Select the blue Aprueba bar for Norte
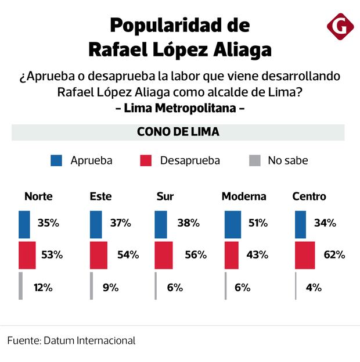pyautogui.click(x=24, y=224)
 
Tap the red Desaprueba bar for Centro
pyautogui.click(x=305, y=255)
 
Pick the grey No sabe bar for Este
pyautogui.click(x=91, y=286)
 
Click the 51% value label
pyautogui.click(x=258, y=223)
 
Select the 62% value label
pyautogui.click(x=333, y=255)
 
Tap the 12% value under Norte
pyautogui.click(x=43, y=287)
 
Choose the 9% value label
pyautogui.click(x=110, y=287)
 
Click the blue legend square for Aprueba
pyautogui.click(x=56, y=160)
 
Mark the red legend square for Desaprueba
pyautogui.click(x=146, y=160)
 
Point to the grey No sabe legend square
pyautogui.click(x=253, y=160)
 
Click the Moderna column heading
pyautogui.click(x=244, y=196)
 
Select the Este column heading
pyautogui.click(x=101, y=196)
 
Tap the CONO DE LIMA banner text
pyautogui.click(x=178, y=132)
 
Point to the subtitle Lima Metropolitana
pyautogui.click(x=180, y=108)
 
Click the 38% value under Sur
pyautogui.click(x=188, y=223)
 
